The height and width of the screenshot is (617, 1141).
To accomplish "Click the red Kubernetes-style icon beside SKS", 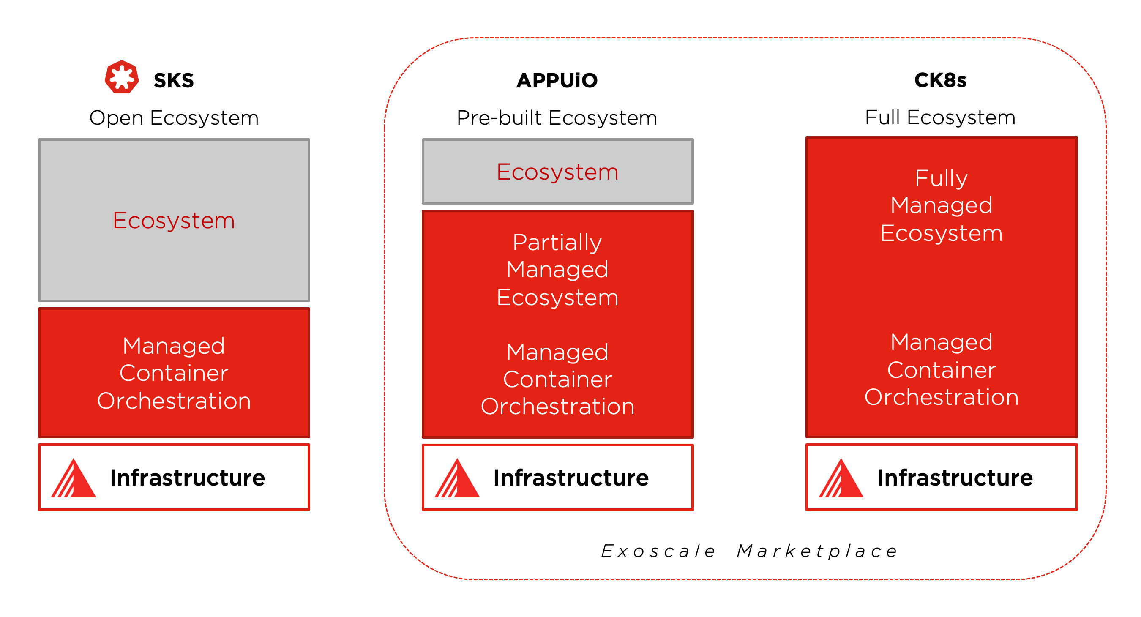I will pyautogui.click(x=121, y=77).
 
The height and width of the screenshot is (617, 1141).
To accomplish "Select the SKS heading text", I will pyautogui.click(x=174, y=81).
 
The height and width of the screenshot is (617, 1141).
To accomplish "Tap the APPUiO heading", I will pyautogui.click(x=557, y=81).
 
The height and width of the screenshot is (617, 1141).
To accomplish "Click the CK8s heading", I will pyautogui.click(x=940, y=80).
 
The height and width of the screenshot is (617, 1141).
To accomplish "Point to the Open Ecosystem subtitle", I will pyautogui.click(x=174, y=118).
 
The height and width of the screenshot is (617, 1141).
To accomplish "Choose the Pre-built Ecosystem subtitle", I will pyautogui.click(x=557, y=118).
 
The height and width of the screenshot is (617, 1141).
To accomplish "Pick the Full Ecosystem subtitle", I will pyautogui.click(x=940, y=117).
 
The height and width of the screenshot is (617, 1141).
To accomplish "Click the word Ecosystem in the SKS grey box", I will pyautogui.click(x=174, y=221).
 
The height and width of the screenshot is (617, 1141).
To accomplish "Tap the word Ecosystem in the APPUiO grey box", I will pyautogui.click(x=557, y=172).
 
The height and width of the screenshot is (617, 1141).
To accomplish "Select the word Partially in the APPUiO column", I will pyautogui.click(x=557, y=242).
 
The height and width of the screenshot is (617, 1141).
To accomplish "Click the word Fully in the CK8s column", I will pyautogui.click(x=941, y=178).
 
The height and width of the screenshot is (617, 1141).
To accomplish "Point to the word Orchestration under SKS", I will pyautogui.click(x=174, y=401).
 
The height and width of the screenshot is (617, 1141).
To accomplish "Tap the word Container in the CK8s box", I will pyautogui.click(x=941, y=370).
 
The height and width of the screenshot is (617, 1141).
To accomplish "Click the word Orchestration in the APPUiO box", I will pyautogui.click(x=557, y=407).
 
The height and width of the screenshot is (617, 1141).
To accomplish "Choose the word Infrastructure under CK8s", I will pyautogui.click(x=955, y=478).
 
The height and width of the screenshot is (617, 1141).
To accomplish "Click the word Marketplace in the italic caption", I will pyautogui.click(x=817, y=551).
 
